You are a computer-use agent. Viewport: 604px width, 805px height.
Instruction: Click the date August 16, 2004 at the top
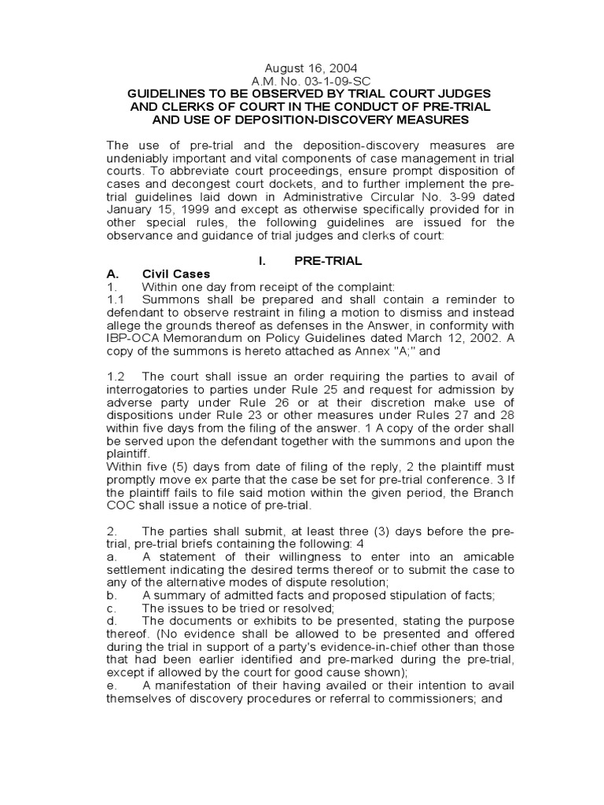click(301, 68)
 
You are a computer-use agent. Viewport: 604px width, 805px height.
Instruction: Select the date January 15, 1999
click(152, 208)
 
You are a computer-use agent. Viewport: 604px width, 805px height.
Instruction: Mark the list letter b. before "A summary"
click(112, 595)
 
